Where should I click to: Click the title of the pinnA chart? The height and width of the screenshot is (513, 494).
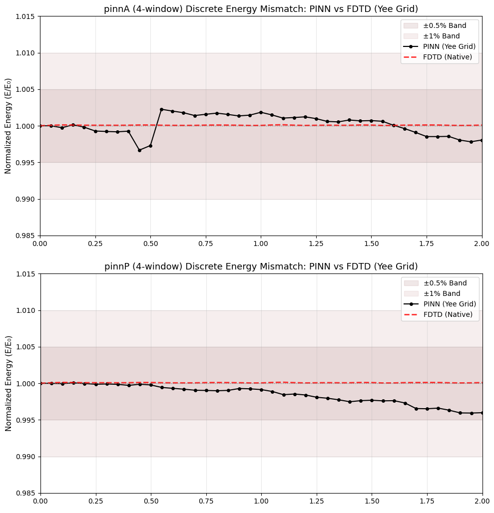coord(261,9)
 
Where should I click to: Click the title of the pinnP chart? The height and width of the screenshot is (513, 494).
coord(261,266)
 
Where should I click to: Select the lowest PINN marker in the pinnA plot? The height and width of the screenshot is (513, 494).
coord(139,150)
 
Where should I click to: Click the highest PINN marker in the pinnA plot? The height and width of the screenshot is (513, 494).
coord(161,109)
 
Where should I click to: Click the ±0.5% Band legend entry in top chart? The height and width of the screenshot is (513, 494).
coord(445,25)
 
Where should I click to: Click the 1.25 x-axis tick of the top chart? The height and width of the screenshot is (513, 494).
coord(316,243)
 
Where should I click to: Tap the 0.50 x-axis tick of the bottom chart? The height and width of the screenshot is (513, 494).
coord(151,501)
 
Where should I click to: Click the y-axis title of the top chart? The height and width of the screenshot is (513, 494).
coord(8,126)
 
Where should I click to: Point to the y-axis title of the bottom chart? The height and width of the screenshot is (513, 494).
coord(8,383)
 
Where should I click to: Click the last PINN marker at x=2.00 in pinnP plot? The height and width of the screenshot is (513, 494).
coord(482,413)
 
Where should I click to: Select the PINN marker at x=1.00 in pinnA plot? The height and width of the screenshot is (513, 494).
coord(261,112)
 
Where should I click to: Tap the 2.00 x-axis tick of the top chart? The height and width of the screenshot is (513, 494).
coord(482,243)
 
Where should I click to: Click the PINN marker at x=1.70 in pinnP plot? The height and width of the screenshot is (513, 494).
coord(416,409)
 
